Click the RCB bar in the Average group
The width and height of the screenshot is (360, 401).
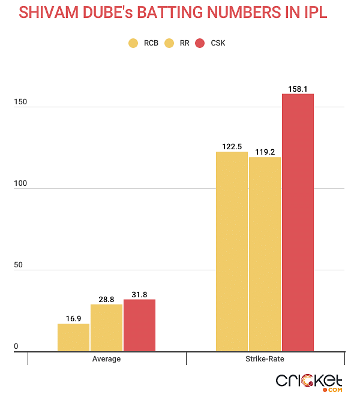pos(73,337)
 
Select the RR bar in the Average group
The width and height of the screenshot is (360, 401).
pos(106,328)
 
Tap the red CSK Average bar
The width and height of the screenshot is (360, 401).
pos(139,325)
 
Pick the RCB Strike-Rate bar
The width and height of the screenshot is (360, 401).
pos(232,252)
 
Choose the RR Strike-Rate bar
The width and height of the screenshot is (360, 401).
pos(265,254)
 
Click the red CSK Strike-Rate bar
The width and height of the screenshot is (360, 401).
pos(298,222)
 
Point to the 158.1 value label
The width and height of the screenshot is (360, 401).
pos(298,88)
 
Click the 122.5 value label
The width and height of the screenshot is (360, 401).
pos(232,146)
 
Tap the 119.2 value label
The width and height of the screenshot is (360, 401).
pos(265,152)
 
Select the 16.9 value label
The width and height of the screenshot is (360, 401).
pos(73,318)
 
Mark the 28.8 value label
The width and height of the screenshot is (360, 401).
pos(106,299)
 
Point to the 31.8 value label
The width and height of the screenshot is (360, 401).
pos(139,294)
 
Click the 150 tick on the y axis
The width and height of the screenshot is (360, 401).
pos(20,102)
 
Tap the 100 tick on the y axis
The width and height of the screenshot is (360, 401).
pos(20,183)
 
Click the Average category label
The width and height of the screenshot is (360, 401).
pos(106,359)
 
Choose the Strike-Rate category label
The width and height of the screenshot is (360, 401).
pos(265,359)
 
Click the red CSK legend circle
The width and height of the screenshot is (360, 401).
pos(200,43)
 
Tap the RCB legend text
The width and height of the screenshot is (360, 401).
pos(151,43)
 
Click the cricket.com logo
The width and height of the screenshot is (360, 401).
pos(309,382)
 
